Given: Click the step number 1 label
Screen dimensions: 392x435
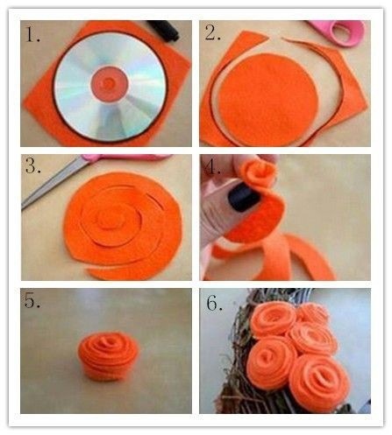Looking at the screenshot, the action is point(32,34).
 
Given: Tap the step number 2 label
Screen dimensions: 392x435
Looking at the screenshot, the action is point(212,32).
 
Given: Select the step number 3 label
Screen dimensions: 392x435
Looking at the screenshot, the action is point(32,166).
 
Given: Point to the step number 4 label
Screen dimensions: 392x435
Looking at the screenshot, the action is point(212,167).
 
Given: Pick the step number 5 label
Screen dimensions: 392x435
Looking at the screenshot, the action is point(32,300).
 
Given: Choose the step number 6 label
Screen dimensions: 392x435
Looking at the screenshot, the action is point(214,303).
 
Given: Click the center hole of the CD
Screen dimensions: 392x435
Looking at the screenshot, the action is point(110,84).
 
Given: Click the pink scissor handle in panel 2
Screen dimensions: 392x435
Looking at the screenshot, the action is point(341,32).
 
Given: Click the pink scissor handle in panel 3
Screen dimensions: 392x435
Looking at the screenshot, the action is point(125,158).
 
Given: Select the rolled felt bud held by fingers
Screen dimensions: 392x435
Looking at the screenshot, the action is point(258,174).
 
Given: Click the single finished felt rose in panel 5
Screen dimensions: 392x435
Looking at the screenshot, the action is point(109,356).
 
